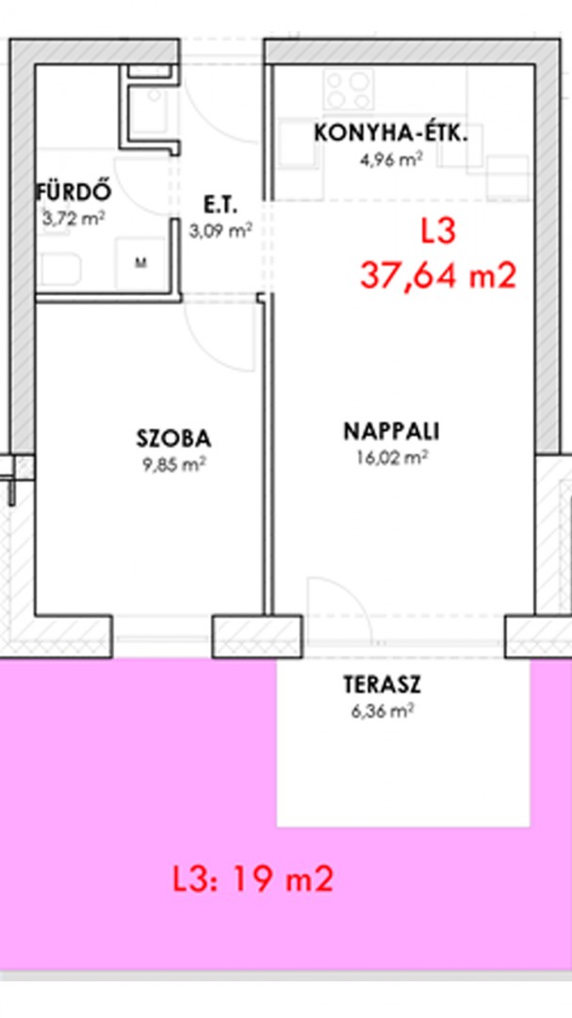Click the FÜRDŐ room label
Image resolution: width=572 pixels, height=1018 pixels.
tap(74, 192)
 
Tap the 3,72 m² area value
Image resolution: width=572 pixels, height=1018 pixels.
tap(74, 218)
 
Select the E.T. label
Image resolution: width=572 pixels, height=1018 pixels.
tap(221, 206)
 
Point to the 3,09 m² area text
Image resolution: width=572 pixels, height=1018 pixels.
tap(221, 230)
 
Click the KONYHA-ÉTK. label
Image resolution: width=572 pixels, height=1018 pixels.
tap(391, 134)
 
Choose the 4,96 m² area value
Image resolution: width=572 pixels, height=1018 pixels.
tap(392, 159)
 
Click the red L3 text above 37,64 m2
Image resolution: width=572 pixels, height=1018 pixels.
tap(438, 233)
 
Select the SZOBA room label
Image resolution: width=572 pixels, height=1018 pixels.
tap(173, 439)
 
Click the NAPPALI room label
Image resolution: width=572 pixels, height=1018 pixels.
tap(391, 432)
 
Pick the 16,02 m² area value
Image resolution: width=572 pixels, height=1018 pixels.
tap(391, 458)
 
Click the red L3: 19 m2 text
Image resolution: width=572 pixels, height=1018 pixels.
tap(253, 879)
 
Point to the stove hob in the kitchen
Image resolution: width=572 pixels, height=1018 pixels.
tap(350, 90)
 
